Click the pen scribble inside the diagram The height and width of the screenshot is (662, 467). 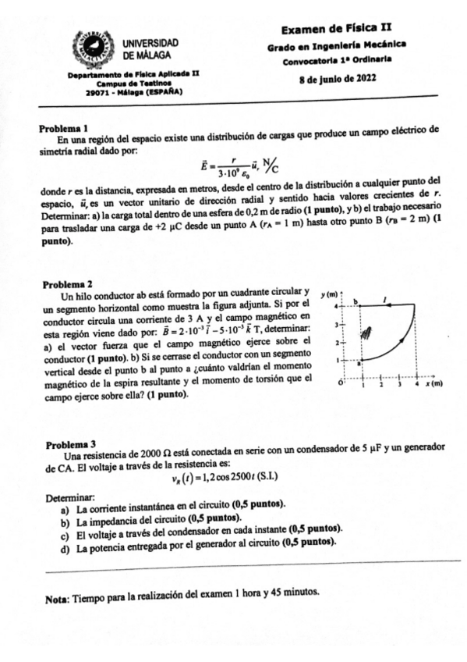click(x=374, y=332)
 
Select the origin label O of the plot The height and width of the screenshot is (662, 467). click(x=341, y=384)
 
